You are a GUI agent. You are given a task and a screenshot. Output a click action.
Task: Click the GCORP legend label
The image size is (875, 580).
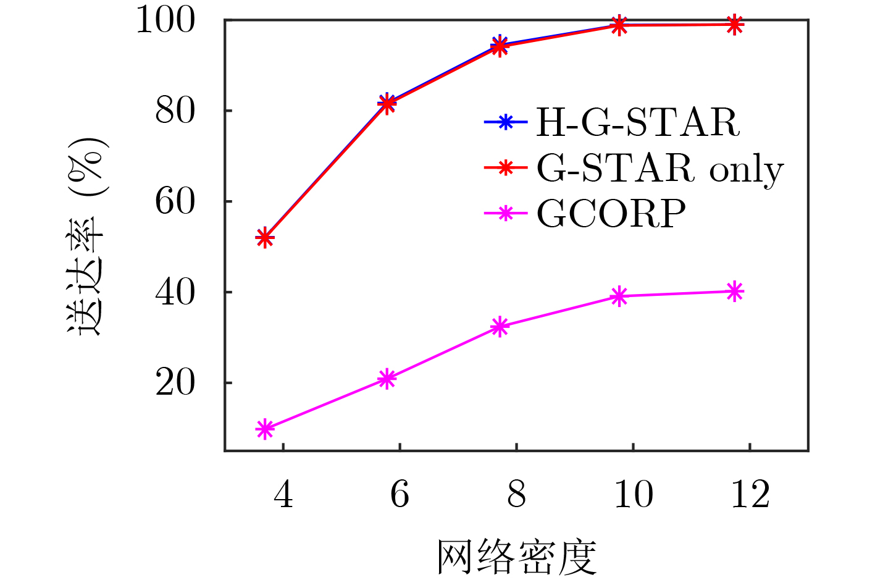611,213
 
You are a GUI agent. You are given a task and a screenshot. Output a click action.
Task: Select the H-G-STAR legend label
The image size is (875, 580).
638,122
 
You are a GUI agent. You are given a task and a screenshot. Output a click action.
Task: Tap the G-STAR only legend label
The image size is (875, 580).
660,169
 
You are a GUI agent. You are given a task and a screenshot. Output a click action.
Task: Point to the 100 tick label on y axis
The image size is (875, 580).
165,20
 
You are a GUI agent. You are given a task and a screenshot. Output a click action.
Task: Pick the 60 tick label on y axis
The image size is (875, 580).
175,201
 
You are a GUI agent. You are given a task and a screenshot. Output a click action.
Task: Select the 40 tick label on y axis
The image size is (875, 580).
175,292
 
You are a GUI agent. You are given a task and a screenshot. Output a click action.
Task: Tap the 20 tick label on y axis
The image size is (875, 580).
175,383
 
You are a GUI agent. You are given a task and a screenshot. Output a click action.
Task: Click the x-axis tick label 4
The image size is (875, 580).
283,494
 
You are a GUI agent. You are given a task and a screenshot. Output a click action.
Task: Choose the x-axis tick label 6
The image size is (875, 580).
400,494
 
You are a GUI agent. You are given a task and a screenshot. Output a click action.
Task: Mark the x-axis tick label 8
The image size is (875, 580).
516,494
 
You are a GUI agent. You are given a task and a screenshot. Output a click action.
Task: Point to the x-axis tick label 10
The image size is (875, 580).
634,494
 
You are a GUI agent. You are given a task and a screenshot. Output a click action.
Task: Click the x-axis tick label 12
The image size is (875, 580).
750,494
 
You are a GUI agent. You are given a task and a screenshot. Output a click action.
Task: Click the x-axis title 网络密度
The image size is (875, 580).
516,557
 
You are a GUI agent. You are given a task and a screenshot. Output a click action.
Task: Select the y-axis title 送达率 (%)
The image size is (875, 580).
86,237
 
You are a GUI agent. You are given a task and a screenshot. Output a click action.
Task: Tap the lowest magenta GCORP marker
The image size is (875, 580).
265,429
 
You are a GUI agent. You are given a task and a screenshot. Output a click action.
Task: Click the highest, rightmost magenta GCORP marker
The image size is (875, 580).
735,291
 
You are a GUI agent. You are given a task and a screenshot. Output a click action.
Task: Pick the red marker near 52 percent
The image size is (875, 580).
265,237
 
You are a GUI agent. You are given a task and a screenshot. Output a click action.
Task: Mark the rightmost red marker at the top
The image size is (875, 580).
735,25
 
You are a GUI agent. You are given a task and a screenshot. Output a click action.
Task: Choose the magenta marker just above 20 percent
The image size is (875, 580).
387,379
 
